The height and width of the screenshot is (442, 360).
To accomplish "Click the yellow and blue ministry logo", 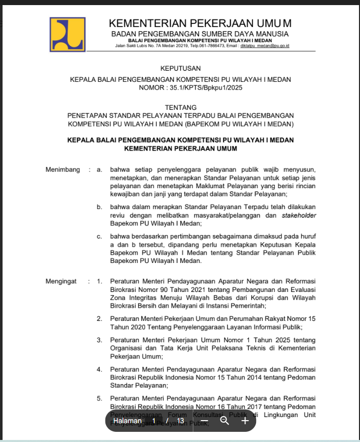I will (67, 34).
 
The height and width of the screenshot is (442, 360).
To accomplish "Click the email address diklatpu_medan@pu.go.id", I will (265, 46).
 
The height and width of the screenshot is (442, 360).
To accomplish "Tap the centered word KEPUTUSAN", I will (180, 68).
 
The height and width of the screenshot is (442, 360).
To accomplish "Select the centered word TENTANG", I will (180, 107).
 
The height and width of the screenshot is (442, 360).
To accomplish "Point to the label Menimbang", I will (63, 169).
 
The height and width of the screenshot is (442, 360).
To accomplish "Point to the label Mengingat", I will (61, 281).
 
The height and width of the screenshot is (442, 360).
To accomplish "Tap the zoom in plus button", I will (245, 421).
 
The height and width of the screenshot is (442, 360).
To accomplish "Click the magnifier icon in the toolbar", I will (225, 421).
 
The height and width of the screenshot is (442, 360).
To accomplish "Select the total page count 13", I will (180, 421).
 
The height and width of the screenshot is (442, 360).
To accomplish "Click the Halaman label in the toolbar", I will (127, 421).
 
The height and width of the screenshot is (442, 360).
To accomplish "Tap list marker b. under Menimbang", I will (99, 207).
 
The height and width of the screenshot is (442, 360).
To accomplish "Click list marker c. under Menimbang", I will (99, 237).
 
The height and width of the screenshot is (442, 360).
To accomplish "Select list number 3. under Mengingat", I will (100, 340).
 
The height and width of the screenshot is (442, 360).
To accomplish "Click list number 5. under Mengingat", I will (100, 398).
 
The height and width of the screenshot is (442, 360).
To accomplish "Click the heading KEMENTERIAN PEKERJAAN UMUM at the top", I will (200, 23).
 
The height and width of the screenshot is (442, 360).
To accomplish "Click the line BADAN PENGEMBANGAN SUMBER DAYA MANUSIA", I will (200, 34).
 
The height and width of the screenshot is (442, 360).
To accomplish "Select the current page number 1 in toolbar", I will (154, 421).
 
